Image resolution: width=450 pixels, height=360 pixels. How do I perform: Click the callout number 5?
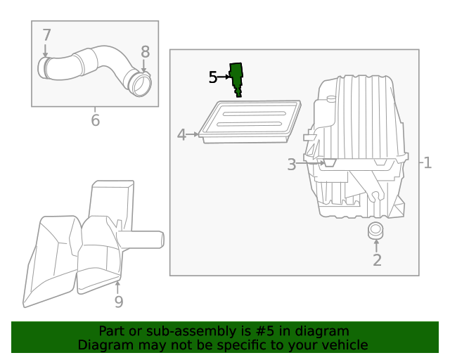pos(213,77)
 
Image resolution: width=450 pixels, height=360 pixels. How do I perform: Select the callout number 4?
pos(181,134)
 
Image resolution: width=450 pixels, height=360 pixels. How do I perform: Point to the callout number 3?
pos(292,165)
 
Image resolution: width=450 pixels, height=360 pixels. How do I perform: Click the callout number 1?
pos(427,163)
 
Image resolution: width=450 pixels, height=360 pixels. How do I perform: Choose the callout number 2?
pos(377,260)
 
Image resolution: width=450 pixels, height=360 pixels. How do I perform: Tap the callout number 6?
pos(95,120)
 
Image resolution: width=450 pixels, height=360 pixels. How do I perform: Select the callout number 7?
pos(46,35)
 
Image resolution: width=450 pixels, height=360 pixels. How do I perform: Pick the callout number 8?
pos(146,51)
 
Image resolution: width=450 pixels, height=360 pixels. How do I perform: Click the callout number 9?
pos(118,302)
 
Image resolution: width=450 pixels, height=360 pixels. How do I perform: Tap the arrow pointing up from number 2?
pos(376,244)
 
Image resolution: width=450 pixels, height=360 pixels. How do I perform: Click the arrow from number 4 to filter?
pos(193,134)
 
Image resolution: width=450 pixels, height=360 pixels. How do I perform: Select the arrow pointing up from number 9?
pos(118,287)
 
